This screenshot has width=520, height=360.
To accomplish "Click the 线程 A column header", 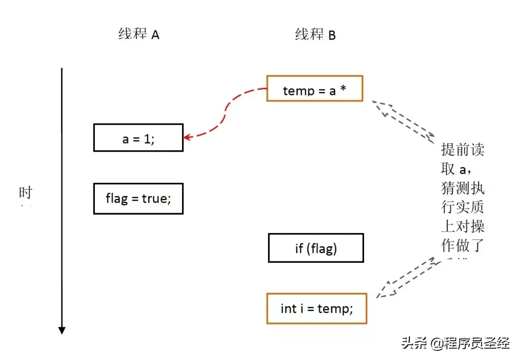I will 139,34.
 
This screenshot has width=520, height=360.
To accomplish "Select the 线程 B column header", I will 315,34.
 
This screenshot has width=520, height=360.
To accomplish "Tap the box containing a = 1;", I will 138,138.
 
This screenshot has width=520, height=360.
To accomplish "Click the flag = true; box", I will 138,198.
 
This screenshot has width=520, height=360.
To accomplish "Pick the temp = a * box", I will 315,89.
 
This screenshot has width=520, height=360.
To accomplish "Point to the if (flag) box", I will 316,248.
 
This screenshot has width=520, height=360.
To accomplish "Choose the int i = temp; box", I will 317,308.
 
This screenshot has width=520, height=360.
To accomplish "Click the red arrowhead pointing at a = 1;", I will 187,137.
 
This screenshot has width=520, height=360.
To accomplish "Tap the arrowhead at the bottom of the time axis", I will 62,330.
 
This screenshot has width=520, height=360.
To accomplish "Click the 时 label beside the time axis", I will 26,193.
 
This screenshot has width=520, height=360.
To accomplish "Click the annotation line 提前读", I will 462,150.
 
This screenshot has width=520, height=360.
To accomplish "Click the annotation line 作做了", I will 462,245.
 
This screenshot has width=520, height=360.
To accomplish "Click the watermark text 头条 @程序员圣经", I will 455,344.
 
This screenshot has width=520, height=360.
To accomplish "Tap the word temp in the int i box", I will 333,308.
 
